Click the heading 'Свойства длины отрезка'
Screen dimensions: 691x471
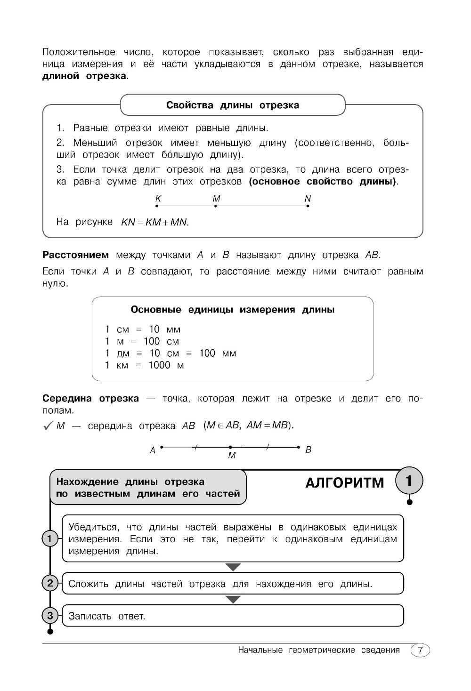click(x=232, y=105)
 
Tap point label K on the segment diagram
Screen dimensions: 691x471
click(x=158, y=199)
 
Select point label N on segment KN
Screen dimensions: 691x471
click(x=308, y=199)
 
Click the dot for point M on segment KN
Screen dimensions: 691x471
click(x=215, y=206)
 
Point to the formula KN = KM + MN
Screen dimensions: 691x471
click(x=155, y=222)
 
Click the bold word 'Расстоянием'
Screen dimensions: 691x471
click(x=75, y=255)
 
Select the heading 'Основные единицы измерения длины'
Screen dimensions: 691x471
click(x=232, y=310)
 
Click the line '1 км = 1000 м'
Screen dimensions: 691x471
click(x=144, y=365)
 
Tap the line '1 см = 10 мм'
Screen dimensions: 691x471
click(x=143, y=329)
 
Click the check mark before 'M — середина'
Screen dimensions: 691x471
click(x=48, y=426)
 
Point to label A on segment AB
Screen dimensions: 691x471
click(x=153, y=450)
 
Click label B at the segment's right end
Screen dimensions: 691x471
click(x=309, y=450)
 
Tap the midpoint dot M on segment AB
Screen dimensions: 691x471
click(x=230, y=447)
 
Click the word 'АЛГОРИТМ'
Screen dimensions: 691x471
click(x=345, y=483)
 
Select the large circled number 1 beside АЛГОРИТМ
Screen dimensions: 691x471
click(x=409, y=482)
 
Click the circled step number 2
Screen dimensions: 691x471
click(x=49, y=584)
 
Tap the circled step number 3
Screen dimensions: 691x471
click(x=49, y=615)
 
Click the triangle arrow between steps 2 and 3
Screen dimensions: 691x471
click(x=233, y=599)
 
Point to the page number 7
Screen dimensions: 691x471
click(x=420, y=651)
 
